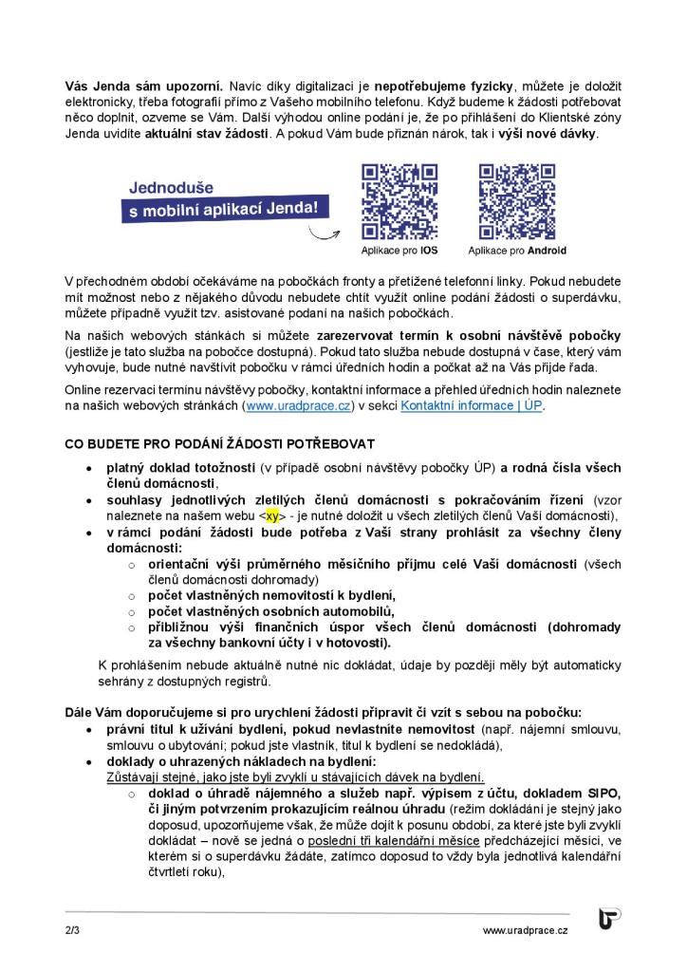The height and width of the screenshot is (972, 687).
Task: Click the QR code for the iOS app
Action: click(400, 202)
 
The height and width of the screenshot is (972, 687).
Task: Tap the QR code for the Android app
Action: click(517, 202)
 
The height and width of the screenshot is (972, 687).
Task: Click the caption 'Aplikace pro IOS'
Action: click(399, 252)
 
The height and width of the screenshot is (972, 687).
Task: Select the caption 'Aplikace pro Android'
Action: click(517, 252)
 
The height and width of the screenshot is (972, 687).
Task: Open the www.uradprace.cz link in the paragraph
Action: click(299, 406)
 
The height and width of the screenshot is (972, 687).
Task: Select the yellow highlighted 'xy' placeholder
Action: click(273, 515)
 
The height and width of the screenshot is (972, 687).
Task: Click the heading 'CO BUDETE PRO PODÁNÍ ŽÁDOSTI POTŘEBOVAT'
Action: click(219, 443)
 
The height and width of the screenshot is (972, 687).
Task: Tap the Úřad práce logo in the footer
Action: click(609, 920)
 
